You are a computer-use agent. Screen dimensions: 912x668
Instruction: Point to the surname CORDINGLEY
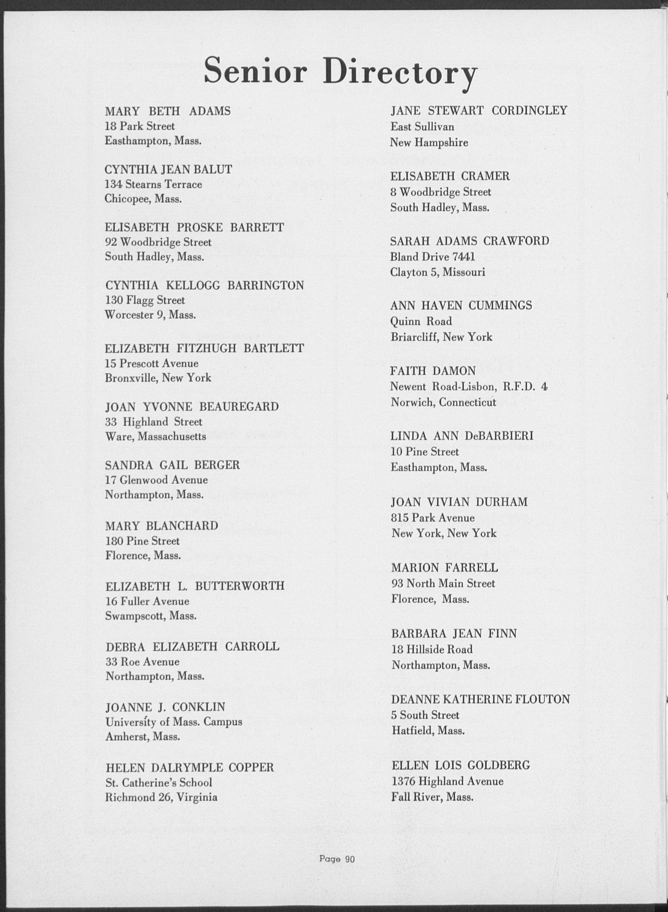coord(529,111)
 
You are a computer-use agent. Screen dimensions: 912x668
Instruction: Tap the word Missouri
coord(464,272)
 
